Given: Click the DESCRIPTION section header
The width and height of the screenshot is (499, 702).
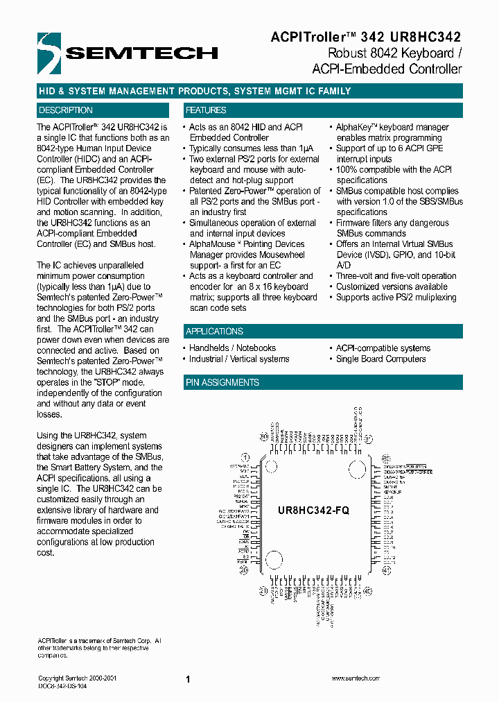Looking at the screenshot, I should [x=66, y=110].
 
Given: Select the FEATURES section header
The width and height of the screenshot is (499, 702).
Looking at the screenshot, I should [x=206, y=110].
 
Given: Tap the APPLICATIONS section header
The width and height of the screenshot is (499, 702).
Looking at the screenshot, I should [x=214, y=332].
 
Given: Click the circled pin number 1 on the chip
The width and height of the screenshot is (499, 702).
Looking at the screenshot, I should [x=245, y=457].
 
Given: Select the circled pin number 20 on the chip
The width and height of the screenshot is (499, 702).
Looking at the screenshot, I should [x=245, y=570].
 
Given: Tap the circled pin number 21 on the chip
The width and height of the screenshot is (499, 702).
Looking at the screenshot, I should [x=263, y=590].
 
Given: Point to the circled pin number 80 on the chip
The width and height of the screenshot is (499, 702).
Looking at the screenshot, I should [x=263, y=437].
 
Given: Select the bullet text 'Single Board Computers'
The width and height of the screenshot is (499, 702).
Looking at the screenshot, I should [x=380, y=359].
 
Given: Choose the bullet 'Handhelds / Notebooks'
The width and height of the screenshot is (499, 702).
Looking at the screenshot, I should [x=232, y=348].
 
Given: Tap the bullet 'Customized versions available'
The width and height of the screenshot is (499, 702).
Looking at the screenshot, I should [x=392, y=286].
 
